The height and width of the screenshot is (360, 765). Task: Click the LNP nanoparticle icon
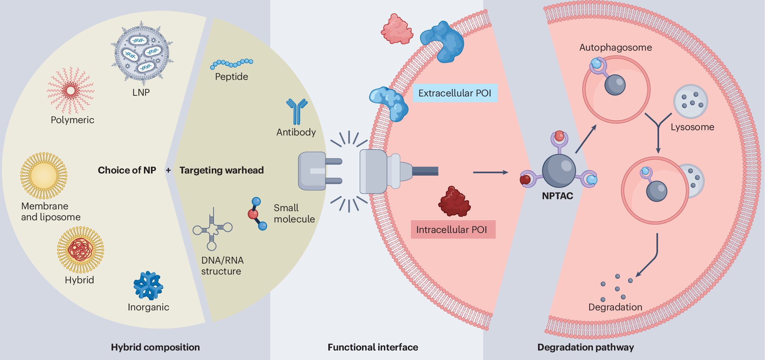pos(142,53)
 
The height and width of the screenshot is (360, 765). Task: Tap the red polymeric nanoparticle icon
pos(71,91)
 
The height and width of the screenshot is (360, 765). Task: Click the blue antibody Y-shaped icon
pos(297,111)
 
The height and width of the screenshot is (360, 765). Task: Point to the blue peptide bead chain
pos(231,63)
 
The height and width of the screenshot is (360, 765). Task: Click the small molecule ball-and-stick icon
pos(257,214)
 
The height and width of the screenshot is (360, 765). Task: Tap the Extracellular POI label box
pos(455,93)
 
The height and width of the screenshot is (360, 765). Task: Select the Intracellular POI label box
pos(453,229)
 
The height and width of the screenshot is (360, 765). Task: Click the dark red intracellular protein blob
pos(454,202)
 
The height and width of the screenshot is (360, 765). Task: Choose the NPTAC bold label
pos(557,196)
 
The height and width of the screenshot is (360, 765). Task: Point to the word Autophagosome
pos(615,48)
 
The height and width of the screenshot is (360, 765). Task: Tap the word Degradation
pos(615,307)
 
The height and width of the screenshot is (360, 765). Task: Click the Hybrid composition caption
pos(155,347)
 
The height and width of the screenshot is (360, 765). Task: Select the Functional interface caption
pos(373,347)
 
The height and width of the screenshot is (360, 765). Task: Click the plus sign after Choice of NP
pos(168,170)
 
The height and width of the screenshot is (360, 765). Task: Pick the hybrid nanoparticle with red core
pos(81,250)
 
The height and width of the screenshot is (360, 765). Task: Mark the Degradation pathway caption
pos(586,347)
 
